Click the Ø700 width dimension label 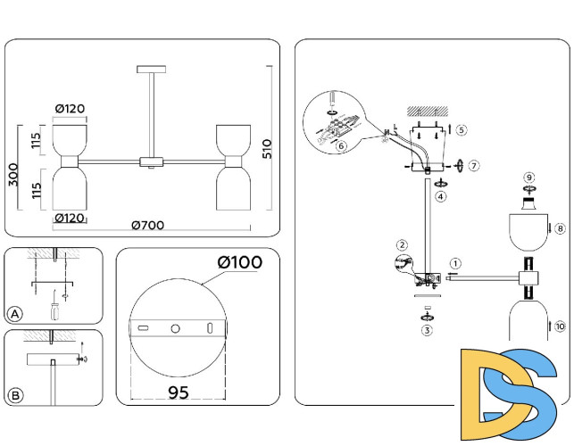tap(148, 227)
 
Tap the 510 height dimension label tap(266, 149)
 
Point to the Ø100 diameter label tap(239, 262)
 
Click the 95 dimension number tap(179, 393)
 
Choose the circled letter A tap(14, 314)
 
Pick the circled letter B tap(14, 394)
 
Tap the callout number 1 tap(456, 264)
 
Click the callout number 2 tap(403, 244)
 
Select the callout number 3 tap(428, 330)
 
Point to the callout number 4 tap(441, 196)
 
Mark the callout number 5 tap(461, 129)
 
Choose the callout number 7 tap(474, 166)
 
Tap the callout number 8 tap(560, 229)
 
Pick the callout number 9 tap(528, 178)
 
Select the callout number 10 tap(560, 327)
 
